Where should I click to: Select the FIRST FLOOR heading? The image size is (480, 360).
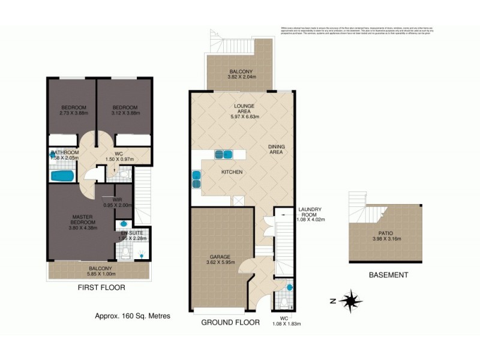point(101,287)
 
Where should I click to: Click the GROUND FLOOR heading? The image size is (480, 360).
point(230,322)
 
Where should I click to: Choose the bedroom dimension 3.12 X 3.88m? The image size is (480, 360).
point(125,113)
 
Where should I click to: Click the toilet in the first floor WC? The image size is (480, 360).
point(124,174)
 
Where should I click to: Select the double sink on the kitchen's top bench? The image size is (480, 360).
point(224,154)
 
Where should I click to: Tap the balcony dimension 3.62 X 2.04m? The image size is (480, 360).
point(231,77)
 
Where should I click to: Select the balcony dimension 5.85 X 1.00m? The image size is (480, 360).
point(101,275)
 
